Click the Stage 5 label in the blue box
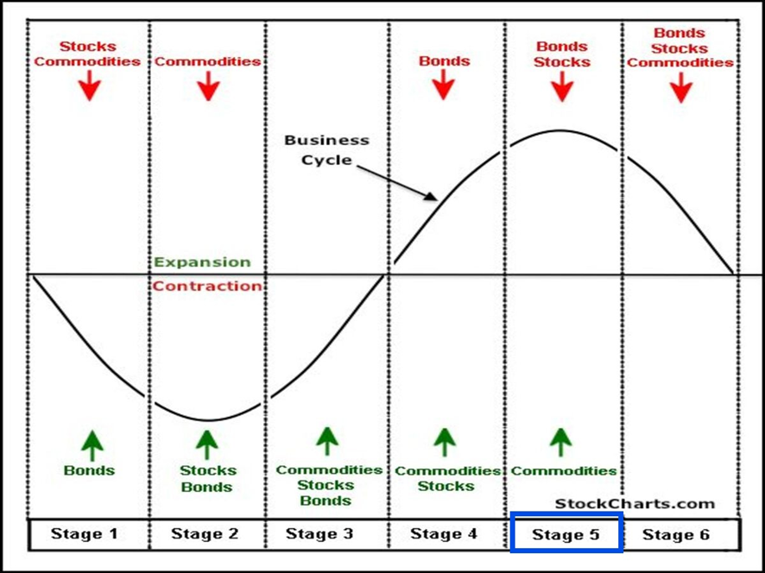click(x=566, y=535)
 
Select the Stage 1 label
click(x=84, y=533)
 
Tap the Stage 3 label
click(x=319, y=533)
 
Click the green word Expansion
click(x=202, y=262)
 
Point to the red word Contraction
click(x=207, y=286)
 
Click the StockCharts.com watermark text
click(x=635, y=504)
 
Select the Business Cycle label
click(x=326, y=149)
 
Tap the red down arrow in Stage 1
click(x=89, y=86)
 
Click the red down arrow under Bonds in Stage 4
click(x=444, y=84)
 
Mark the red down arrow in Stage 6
click(x=681, y=87)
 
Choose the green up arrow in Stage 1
click(x=92, y=445)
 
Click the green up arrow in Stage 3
click(x=326, y=440)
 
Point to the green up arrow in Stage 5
click(x=561, y=442)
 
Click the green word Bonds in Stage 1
click(x=89, y=471)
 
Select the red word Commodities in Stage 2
click(x=207, y=61)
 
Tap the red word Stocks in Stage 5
click(x=562, y=61)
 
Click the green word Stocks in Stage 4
click(x=446, y=486)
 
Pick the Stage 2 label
click(x=205, y=533)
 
